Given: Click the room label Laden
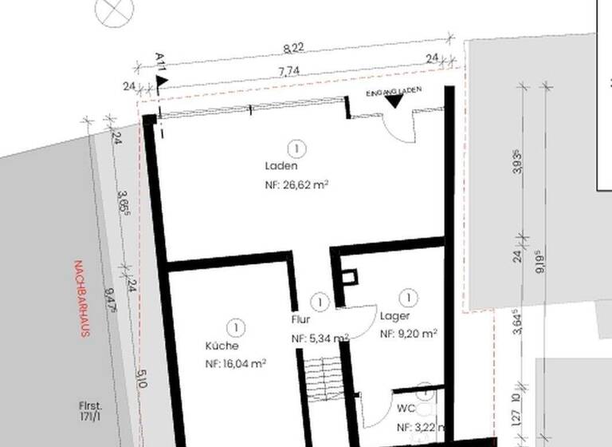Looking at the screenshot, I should pyautogui.click(x=280, y=167).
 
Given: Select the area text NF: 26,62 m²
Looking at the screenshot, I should pyautogui.click(x=296, y=184).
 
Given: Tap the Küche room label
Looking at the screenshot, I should pyautogui.click(x=222, y=346).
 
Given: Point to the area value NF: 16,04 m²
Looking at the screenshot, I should pyautogui.click(x=235, y=363).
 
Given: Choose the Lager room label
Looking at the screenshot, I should pyautogui.click(x=394, y=316).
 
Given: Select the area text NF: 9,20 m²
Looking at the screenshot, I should pyautogui.click(x=408, y=334).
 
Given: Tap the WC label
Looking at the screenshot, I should pyautogui.click(x=406, y=408).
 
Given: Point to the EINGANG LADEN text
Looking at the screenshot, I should pyautogui.click(x=393, y=92).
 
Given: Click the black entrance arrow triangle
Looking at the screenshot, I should pyautogui.click(x=394, y=101).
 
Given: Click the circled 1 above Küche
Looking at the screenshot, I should pyautogui.click(x=235, y=327).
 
